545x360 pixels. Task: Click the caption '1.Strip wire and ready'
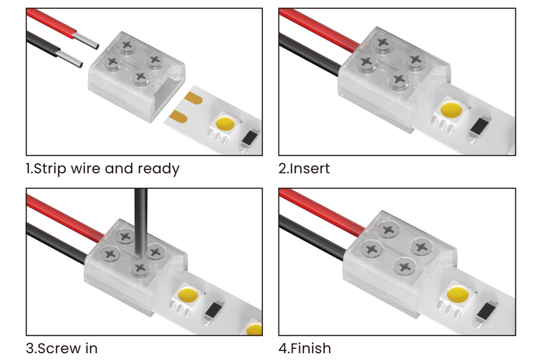click(x=102, y=168)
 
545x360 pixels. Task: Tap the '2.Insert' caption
click(x=310, y=168)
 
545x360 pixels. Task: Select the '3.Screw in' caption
click(x=62, y=348)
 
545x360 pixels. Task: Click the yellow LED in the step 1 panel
click(x=225, y=124)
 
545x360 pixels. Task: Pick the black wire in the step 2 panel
click(x=310, y=52)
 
